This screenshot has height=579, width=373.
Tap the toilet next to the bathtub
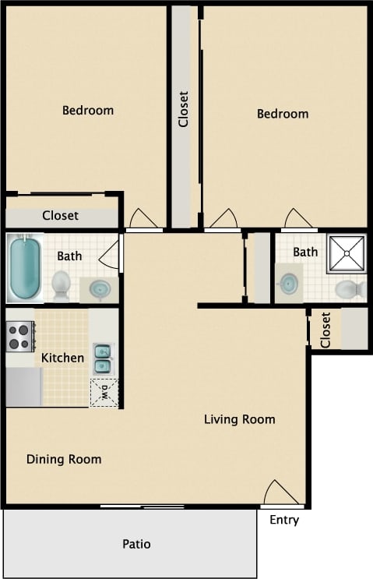[x=61, y=285]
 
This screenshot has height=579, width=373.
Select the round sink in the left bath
[x=100, y=289]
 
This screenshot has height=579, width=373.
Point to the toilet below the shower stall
[x=350, y=289]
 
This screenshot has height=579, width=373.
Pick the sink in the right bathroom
[x=289, y=284]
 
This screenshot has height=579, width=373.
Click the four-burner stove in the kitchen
[x=21, y=337]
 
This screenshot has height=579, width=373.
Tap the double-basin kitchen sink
[x=102, y=358]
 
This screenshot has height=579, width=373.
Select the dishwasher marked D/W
[x=102, y=392]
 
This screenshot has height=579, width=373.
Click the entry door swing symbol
[x=279, y=493]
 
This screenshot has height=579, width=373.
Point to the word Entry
[x=284, y=520]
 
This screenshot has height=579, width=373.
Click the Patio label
[x=135, y=544]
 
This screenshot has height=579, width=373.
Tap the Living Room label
[x=239, y=419]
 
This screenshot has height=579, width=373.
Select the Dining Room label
[x=64, y=459]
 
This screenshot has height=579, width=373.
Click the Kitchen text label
[x=62, y=358]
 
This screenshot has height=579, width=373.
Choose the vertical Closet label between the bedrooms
[x=184, y=110]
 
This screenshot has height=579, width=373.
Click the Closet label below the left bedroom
[x=61, y=215]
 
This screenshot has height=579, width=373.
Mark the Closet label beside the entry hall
[x=325, y=330]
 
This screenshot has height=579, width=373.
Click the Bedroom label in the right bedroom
[x=283, y=114]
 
